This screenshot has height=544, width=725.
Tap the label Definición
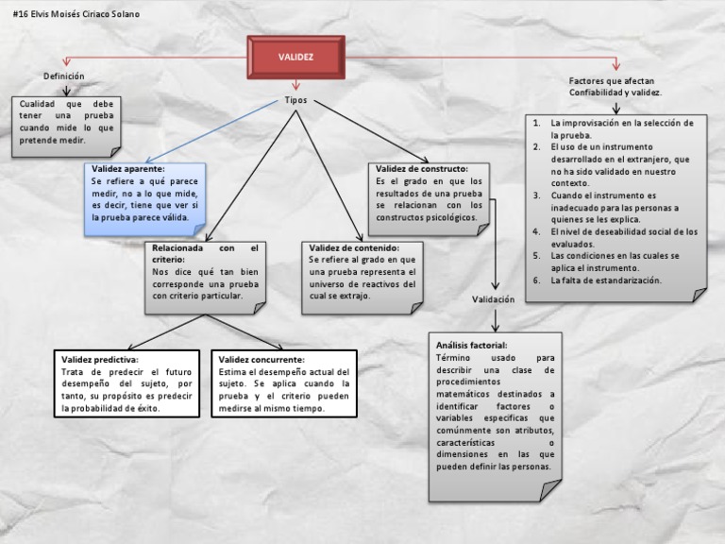(64, 76)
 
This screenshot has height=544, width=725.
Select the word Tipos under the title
(295, 100)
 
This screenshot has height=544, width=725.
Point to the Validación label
(494, 298)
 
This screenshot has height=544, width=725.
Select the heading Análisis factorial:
(471, 346)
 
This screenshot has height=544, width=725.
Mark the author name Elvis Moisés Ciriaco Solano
(85, 15)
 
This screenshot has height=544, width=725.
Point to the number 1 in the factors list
(536, 124)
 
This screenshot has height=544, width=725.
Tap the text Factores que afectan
(605, 81)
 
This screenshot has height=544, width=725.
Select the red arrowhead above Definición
(65, 63)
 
